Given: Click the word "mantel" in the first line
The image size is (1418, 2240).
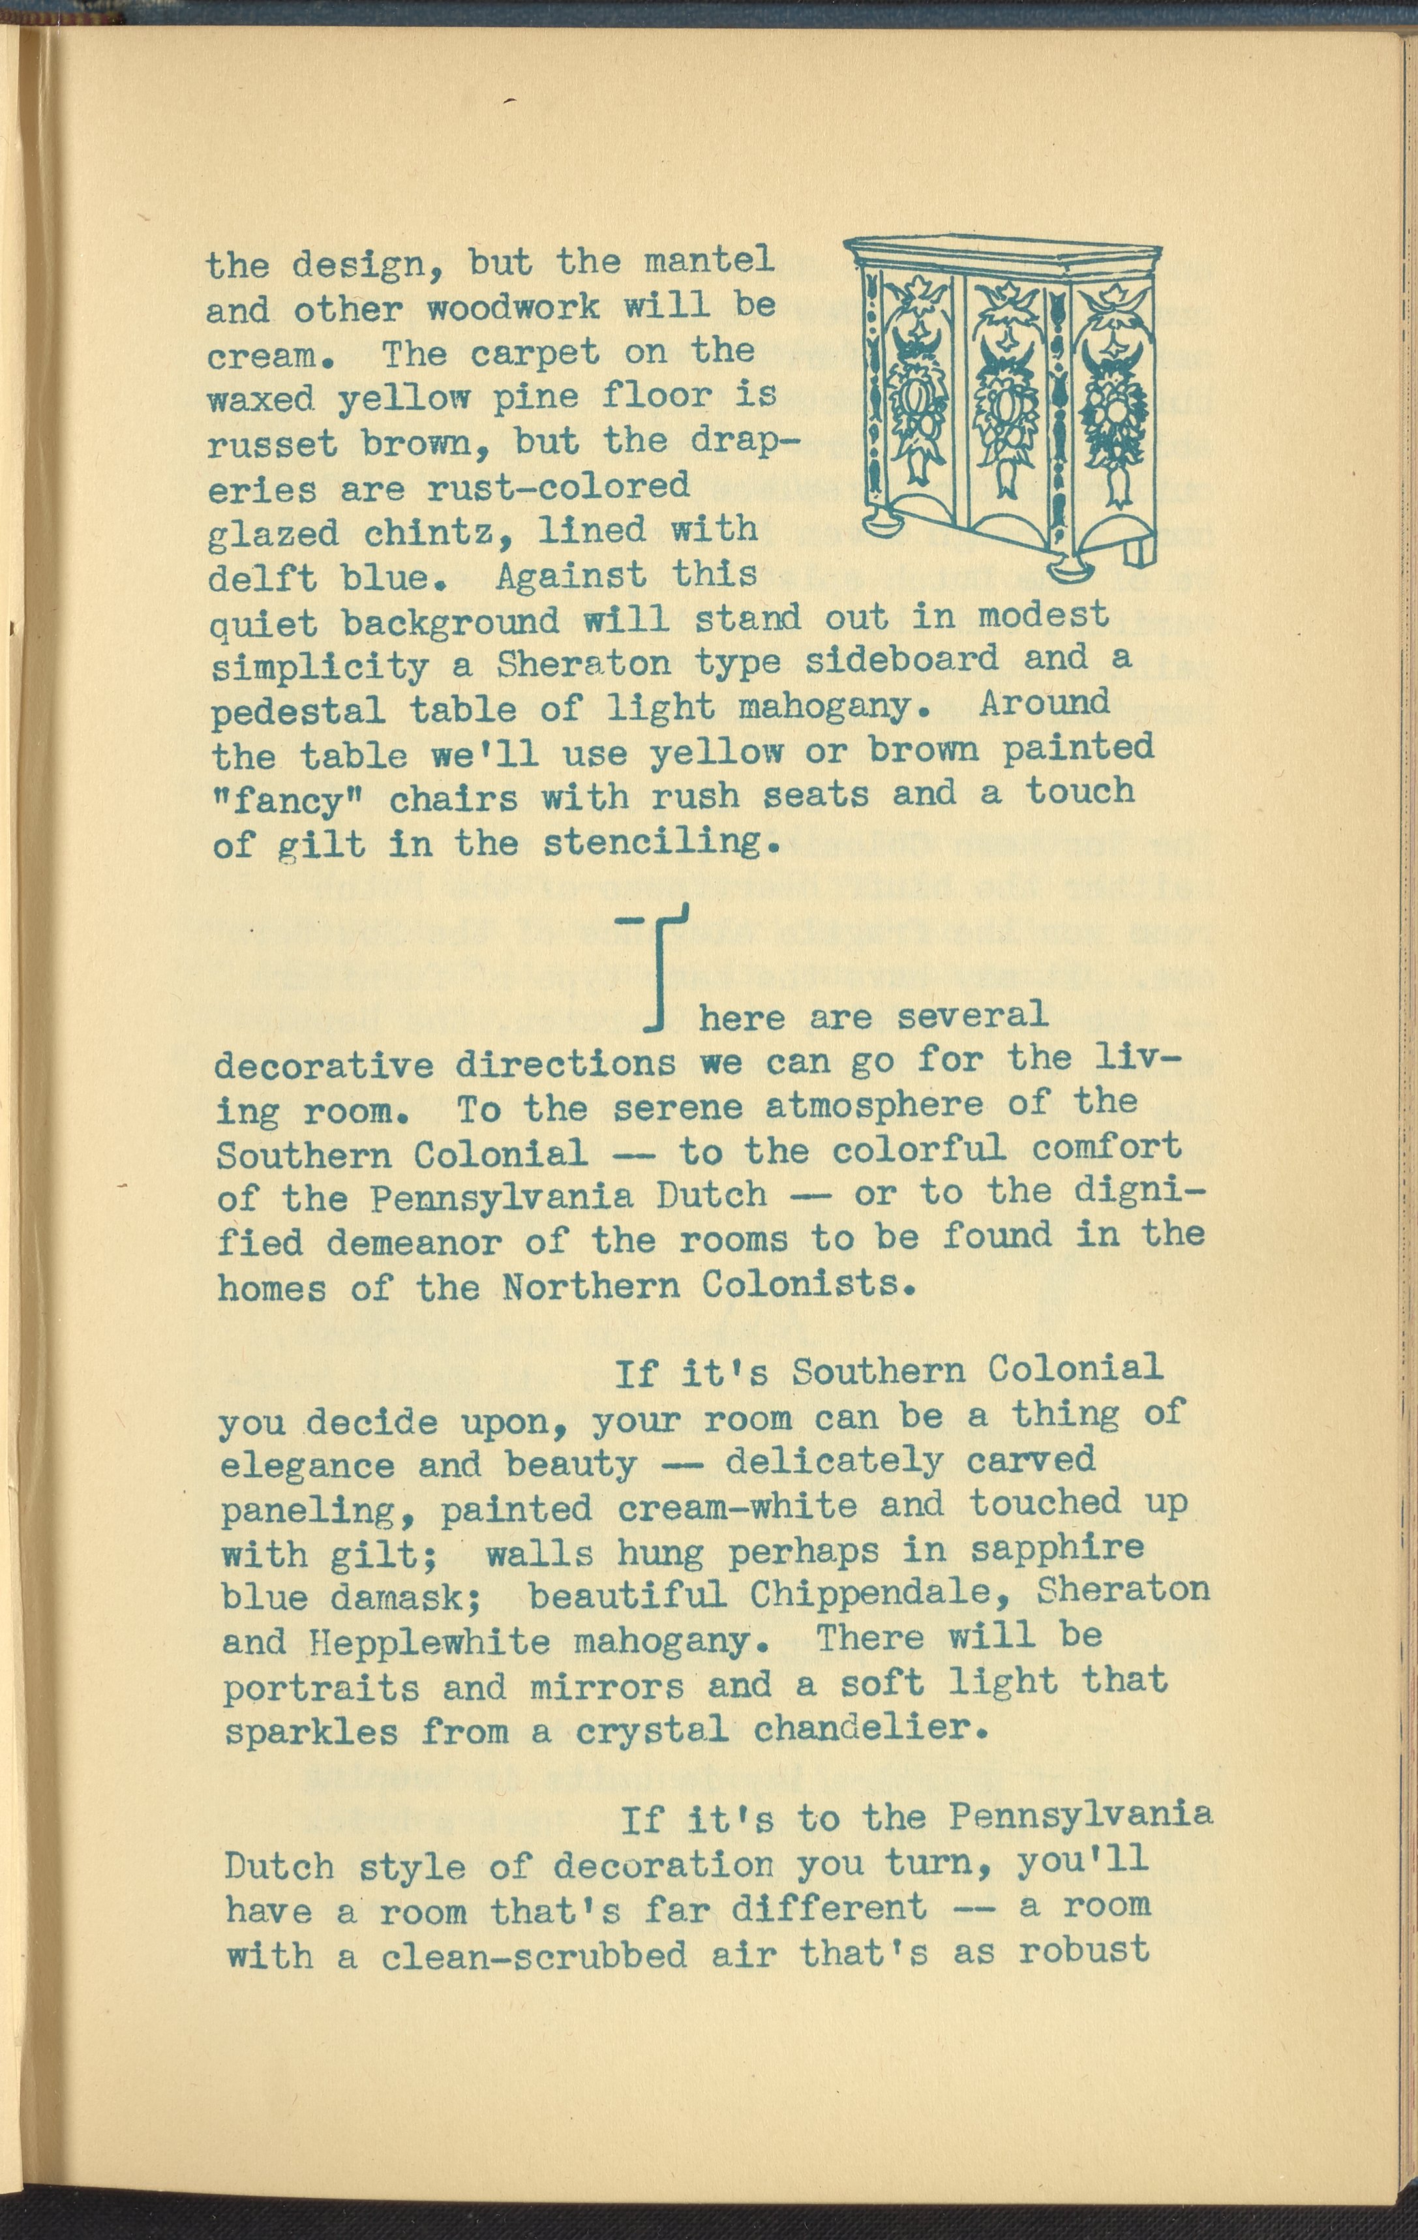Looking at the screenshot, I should pos(709,262).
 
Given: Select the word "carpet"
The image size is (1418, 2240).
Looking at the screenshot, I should pos(535,354).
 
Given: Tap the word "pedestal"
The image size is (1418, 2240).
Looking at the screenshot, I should pos(297,711).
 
